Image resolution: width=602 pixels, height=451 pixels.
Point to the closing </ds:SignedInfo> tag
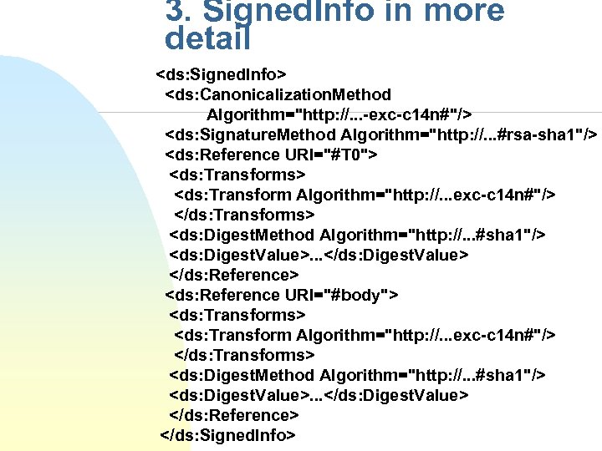227,435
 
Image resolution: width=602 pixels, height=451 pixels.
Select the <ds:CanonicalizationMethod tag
278,94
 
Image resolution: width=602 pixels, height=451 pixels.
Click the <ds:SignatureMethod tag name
251,134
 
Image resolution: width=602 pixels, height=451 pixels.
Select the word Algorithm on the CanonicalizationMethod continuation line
248,114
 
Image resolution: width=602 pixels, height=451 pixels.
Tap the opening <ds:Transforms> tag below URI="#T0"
237,175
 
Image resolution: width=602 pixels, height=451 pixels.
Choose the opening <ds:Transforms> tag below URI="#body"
237,315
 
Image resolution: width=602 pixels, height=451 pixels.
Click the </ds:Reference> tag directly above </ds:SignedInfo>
234,415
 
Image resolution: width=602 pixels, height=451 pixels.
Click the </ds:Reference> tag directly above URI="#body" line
234,275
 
